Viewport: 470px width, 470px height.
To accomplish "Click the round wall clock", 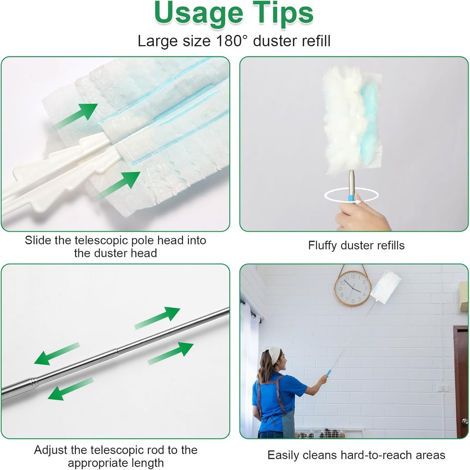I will (x=352, y=288).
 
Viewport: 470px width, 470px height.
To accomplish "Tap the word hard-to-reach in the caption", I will (x=376, y=455).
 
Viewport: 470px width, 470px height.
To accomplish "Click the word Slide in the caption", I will (x=38, y=241).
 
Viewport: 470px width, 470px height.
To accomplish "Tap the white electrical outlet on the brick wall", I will (x=443, y=388).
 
